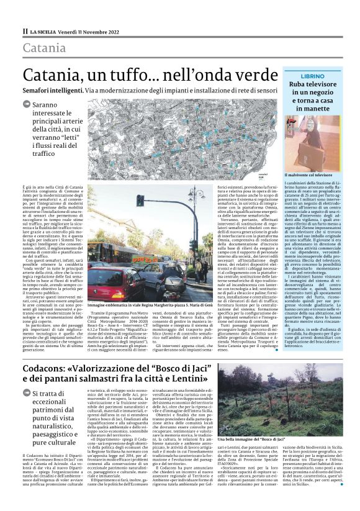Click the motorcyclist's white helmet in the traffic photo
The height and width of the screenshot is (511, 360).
click(160, 270)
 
